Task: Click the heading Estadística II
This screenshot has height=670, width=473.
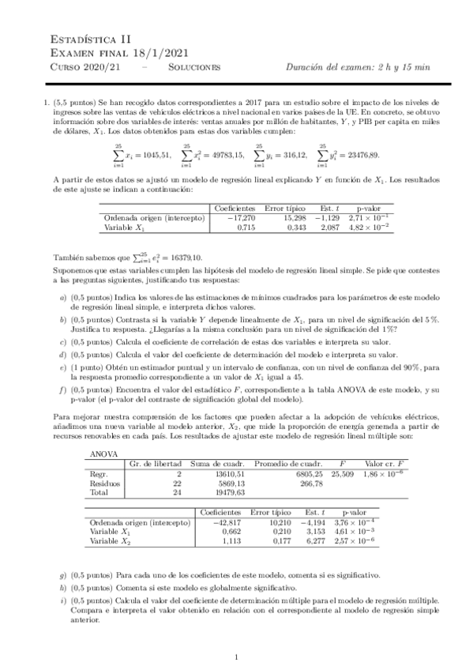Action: (81, 38)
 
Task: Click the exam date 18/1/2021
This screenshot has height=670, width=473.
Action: (153, 52)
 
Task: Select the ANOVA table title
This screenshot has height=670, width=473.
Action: (104, 454)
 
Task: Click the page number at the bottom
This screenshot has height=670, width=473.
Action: (236, 657)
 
